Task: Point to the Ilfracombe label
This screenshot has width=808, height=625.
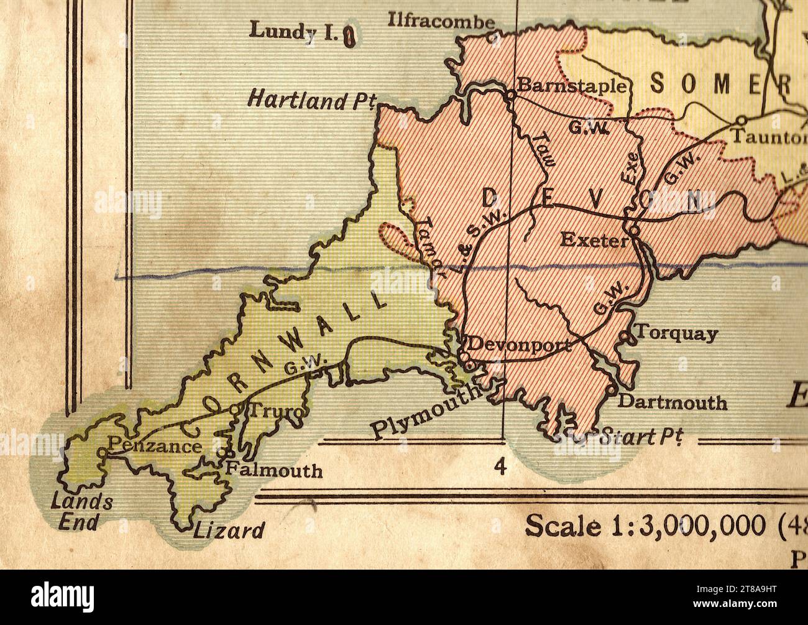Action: click(x=441, y=21)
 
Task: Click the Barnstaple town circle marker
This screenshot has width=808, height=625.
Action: click(x=510, y=96)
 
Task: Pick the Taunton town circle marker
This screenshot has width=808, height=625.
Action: click(x=741, y=120)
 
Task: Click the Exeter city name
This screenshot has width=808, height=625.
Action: click(x=594, y=240)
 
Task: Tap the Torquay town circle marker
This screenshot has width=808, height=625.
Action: click(x=624, y=337)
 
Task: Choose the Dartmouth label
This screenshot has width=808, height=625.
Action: click(x=672, y=402)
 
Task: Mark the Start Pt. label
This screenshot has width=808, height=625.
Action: click(x=637, y=438)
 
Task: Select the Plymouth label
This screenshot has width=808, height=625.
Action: click(x=427, y=411)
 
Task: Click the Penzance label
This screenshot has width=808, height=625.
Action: click(x=155, y=446)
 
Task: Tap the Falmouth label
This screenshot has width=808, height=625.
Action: click(x=273, y=470)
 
